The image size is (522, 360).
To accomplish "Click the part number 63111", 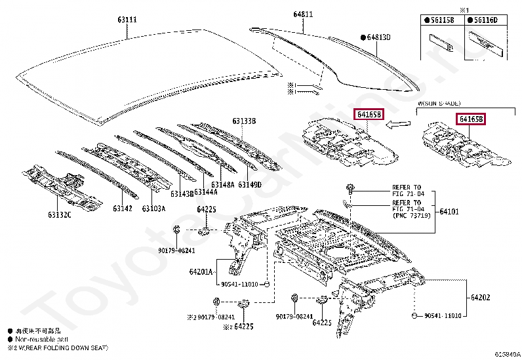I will click(x=127, y=20).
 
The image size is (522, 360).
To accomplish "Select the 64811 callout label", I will click(x=303, y=13).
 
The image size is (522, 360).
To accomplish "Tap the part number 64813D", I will click(x=378, y=38).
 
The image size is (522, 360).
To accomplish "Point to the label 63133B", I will click(x=243, y=121).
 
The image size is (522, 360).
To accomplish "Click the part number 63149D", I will click(x=249, y=185).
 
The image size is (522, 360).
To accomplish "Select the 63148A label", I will click(x=224, y=185).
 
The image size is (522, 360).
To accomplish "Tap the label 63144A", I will click(x=205, y=191).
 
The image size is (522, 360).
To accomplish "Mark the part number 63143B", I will click(x=182, y=194).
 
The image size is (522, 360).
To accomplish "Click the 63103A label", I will click(x=154, y=209).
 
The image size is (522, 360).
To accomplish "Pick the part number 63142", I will click(x=122, y=209).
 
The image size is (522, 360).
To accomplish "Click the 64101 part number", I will click(x=449, y=211).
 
